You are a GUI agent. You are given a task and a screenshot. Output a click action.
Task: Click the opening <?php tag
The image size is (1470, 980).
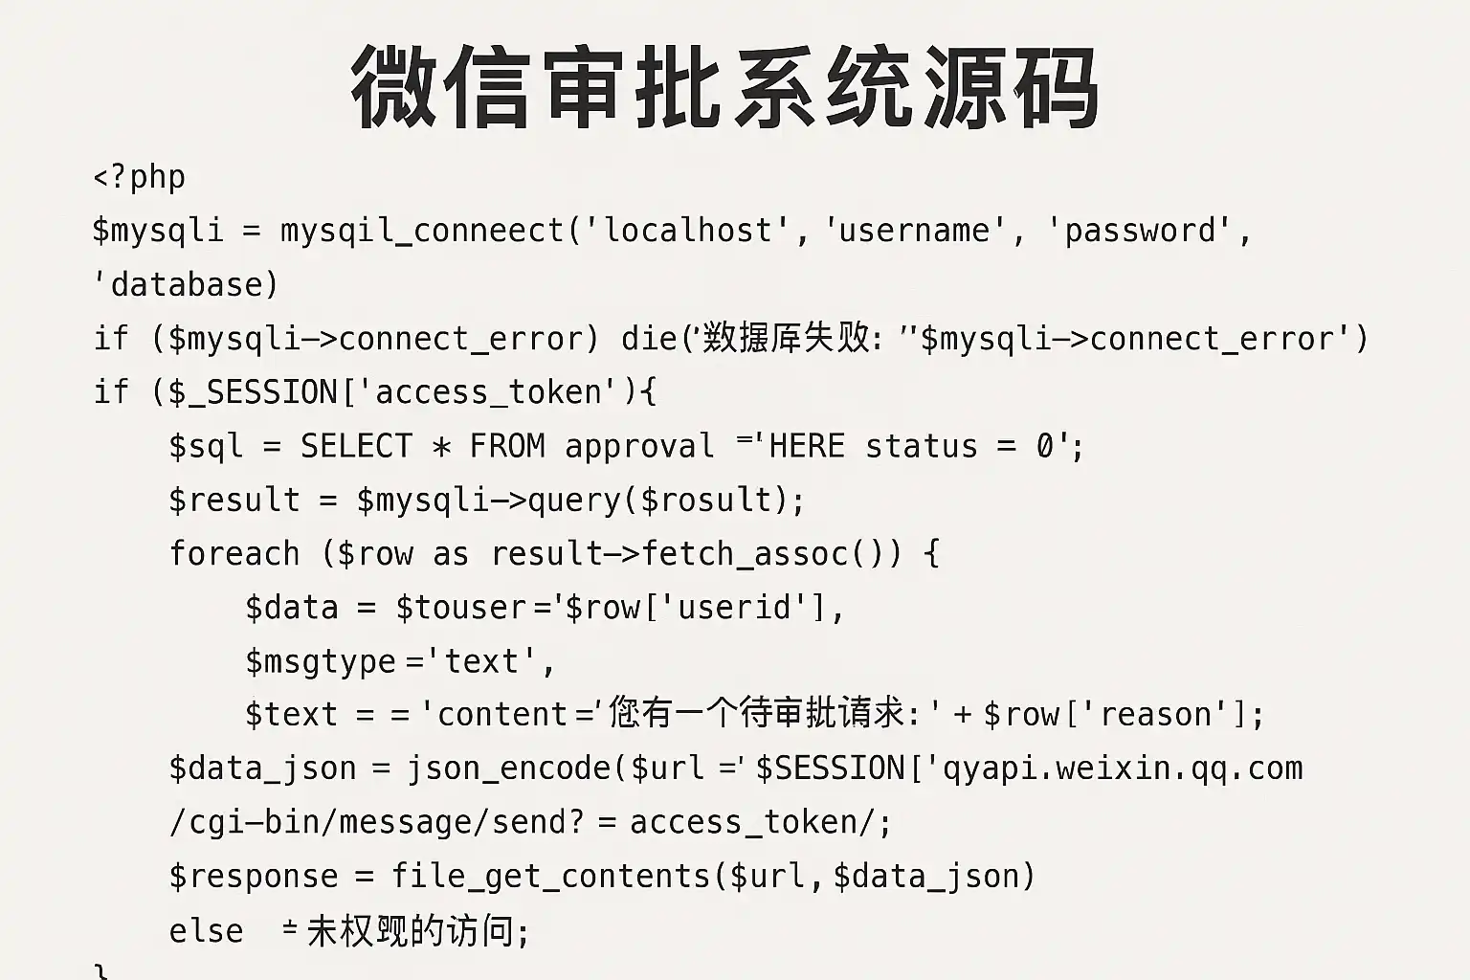tap(140, 178)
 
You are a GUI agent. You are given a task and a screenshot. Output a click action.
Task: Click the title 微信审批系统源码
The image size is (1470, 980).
tap(724, 88)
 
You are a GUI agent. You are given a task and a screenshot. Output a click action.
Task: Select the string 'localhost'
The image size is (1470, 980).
tap(687, 231)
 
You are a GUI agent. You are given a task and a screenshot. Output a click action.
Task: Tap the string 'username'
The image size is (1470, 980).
tap(914, 231)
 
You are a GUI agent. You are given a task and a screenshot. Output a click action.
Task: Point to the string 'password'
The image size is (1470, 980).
tap(1140, 231)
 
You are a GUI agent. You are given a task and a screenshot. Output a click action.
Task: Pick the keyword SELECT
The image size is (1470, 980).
tap(356, 447)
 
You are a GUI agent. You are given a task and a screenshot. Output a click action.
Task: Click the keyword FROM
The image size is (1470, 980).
tap(507, 447)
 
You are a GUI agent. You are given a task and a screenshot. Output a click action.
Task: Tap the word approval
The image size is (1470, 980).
tap(639, 447)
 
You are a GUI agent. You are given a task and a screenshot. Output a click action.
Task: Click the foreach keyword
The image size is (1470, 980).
tap(234, 554)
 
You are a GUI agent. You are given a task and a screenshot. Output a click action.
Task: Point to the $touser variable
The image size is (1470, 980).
tap(460, 608)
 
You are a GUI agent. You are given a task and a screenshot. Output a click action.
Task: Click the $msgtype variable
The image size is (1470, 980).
tap(321, 662)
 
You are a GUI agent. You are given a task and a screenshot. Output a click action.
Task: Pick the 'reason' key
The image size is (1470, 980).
tap(1155, 715)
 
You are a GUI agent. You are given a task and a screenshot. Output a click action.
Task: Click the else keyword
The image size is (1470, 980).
tap(206, 931)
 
